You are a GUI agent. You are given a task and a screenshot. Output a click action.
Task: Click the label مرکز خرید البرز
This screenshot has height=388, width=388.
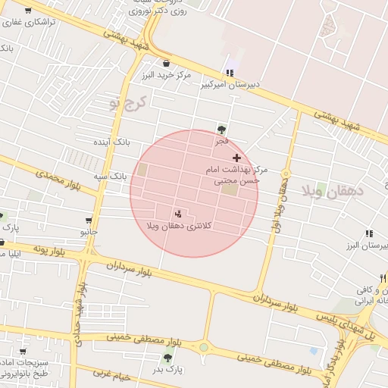167,76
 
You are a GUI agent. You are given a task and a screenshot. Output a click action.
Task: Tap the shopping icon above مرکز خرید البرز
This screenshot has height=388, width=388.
166,64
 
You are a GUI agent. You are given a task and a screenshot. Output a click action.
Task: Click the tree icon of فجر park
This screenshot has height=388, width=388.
221,130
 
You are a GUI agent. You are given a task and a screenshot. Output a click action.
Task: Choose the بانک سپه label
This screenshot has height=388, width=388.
109,176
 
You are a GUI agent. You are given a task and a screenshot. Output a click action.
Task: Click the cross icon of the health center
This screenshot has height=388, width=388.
237,158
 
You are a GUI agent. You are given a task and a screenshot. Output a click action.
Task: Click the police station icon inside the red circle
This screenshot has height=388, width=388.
179,214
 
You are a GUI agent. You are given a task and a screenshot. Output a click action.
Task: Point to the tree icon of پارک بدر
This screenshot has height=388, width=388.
167,358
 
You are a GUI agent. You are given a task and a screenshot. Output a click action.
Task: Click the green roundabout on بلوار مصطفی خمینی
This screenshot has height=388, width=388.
204,348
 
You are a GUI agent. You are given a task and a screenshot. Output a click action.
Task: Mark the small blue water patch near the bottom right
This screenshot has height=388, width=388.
314,351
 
